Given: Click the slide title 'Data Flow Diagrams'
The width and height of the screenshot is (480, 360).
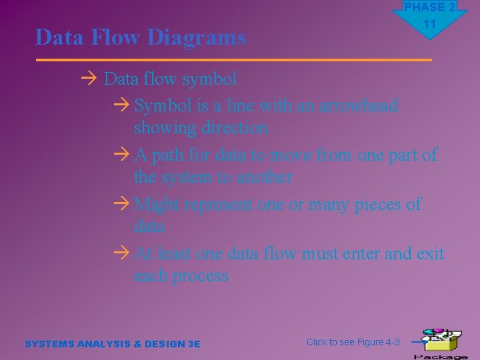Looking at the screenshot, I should point(141,37).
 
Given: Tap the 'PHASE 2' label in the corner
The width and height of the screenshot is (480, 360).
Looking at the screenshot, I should point(429,7).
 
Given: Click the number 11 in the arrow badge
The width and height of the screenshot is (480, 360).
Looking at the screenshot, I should point(429,24).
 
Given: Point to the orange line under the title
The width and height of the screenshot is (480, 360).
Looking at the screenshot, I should point(233,60).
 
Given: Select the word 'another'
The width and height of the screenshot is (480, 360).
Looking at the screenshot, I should point(260,177).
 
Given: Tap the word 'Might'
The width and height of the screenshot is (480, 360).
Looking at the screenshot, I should point(158,205).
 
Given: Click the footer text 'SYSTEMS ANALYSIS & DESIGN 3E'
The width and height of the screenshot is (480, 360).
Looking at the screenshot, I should point(112,344).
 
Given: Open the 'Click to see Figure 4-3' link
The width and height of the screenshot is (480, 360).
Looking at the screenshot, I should point(353,342).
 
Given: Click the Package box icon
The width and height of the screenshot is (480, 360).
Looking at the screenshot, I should point(440,342).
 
